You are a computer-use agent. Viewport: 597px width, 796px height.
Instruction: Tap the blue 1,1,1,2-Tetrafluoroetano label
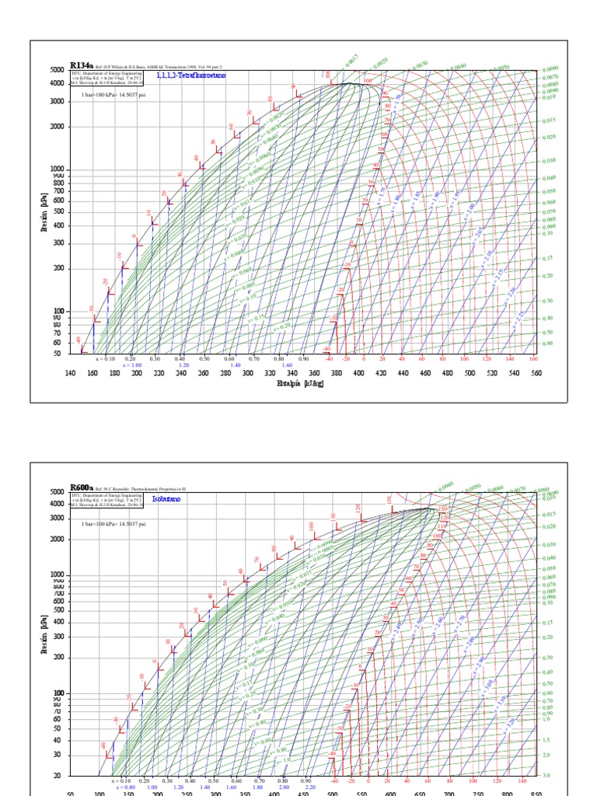187,76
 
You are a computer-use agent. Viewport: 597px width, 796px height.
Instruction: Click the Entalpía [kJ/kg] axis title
298,384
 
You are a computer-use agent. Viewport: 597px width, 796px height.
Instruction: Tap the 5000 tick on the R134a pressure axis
58,71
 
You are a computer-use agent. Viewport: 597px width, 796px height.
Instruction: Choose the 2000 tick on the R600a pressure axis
58,539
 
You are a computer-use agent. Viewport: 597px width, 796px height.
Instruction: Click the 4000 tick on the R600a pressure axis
58,504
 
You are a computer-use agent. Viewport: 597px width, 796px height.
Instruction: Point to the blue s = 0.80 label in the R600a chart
124,787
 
